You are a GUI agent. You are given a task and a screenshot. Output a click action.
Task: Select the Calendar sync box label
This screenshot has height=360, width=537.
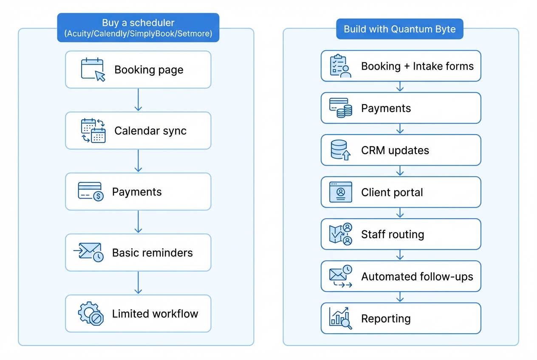pyautogui.click(x=150, y=131)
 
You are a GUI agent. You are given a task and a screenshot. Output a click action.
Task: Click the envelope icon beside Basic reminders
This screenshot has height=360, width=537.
pyautogui.click(x=90, y=252)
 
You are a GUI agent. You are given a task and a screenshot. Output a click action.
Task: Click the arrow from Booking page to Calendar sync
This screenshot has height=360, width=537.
pyautogui.click(x=138, y=100)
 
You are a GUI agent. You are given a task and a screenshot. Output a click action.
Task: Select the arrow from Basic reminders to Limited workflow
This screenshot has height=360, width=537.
pyautogui.click(x=138, y=283)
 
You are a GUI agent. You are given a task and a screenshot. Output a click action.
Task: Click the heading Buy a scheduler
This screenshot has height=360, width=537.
pyautogui.click(x=138, y=23)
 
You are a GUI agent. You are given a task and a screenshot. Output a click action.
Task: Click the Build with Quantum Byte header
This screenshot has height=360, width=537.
pyautogui.click(x=399, y=29)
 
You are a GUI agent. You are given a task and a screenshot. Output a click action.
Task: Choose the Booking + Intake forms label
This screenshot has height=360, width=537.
pyautogui.click(x=417, y=66)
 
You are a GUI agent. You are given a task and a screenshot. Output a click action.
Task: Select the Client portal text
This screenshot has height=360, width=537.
pyautogui.click(x=392, y=192)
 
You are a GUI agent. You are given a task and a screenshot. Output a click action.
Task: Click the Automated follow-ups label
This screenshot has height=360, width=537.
pyautogui.click(x=417, y=276)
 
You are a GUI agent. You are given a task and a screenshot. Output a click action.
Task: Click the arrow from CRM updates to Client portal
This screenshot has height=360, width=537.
pyautogui.click(x=400, y=171)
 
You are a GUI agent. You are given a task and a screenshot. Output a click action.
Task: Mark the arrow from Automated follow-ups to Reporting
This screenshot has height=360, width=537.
pyautogui.click(x=400, y=297)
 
